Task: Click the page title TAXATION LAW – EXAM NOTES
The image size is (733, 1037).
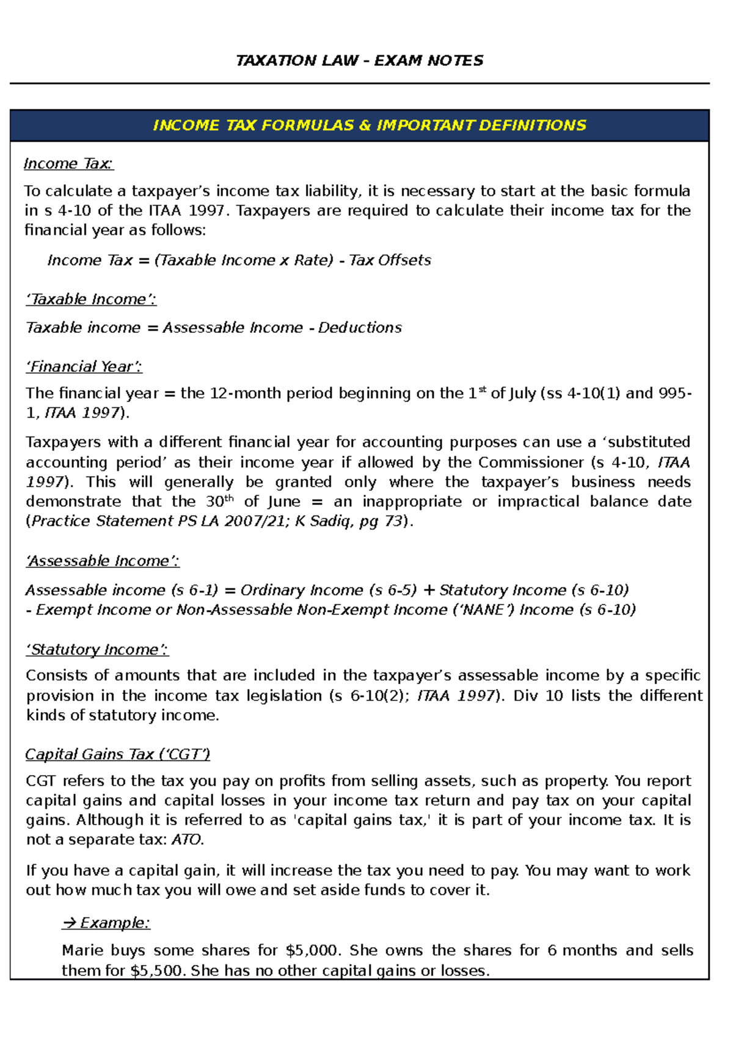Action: [359, 60]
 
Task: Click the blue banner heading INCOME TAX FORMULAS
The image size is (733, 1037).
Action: [369, 125]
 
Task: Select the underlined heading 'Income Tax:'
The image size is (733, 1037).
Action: [68, 164]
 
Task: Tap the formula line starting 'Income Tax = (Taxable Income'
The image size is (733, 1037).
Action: [239, 260]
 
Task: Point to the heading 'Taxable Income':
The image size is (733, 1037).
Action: [91, 299]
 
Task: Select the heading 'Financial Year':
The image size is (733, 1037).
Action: [84, 366]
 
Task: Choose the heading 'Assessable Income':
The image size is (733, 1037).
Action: [102, 561]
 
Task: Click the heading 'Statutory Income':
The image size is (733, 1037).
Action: [97, 649]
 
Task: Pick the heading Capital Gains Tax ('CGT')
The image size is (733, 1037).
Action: [117, 754]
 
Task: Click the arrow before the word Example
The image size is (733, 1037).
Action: [69, 923]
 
